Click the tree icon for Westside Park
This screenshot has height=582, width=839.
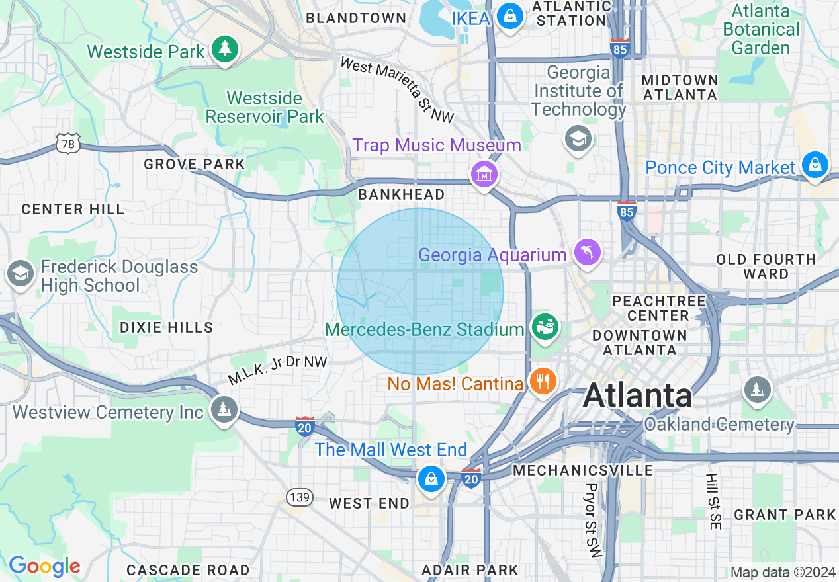coord(225,49)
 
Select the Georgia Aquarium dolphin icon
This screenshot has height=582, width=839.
coord(587,252)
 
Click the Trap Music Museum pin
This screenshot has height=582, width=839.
coord(484,175)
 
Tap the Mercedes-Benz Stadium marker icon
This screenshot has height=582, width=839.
coord(546,327)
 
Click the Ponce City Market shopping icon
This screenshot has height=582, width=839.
coord(815,163)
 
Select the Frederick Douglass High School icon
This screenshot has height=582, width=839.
coord(20,273)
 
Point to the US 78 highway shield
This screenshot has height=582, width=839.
coord(69,143)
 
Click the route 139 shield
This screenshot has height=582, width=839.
coord(300,497)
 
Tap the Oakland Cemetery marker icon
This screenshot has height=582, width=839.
coord(757,389)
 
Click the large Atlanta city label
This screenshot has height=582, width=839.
coord(638,395)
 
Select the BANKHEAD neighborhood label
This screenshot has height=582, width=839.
coord(401,194)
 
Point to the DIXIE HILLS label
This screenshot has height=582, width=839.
coord(167,327)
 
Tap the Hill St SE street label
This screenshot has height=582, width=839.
coord(712,501)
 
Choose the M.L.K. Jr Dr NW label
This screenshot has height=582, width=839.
coord(278,370)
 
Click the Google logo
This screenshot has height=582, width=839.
coord(44,567)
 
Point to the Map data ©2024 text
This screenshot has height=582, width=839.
coord(783,572)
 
